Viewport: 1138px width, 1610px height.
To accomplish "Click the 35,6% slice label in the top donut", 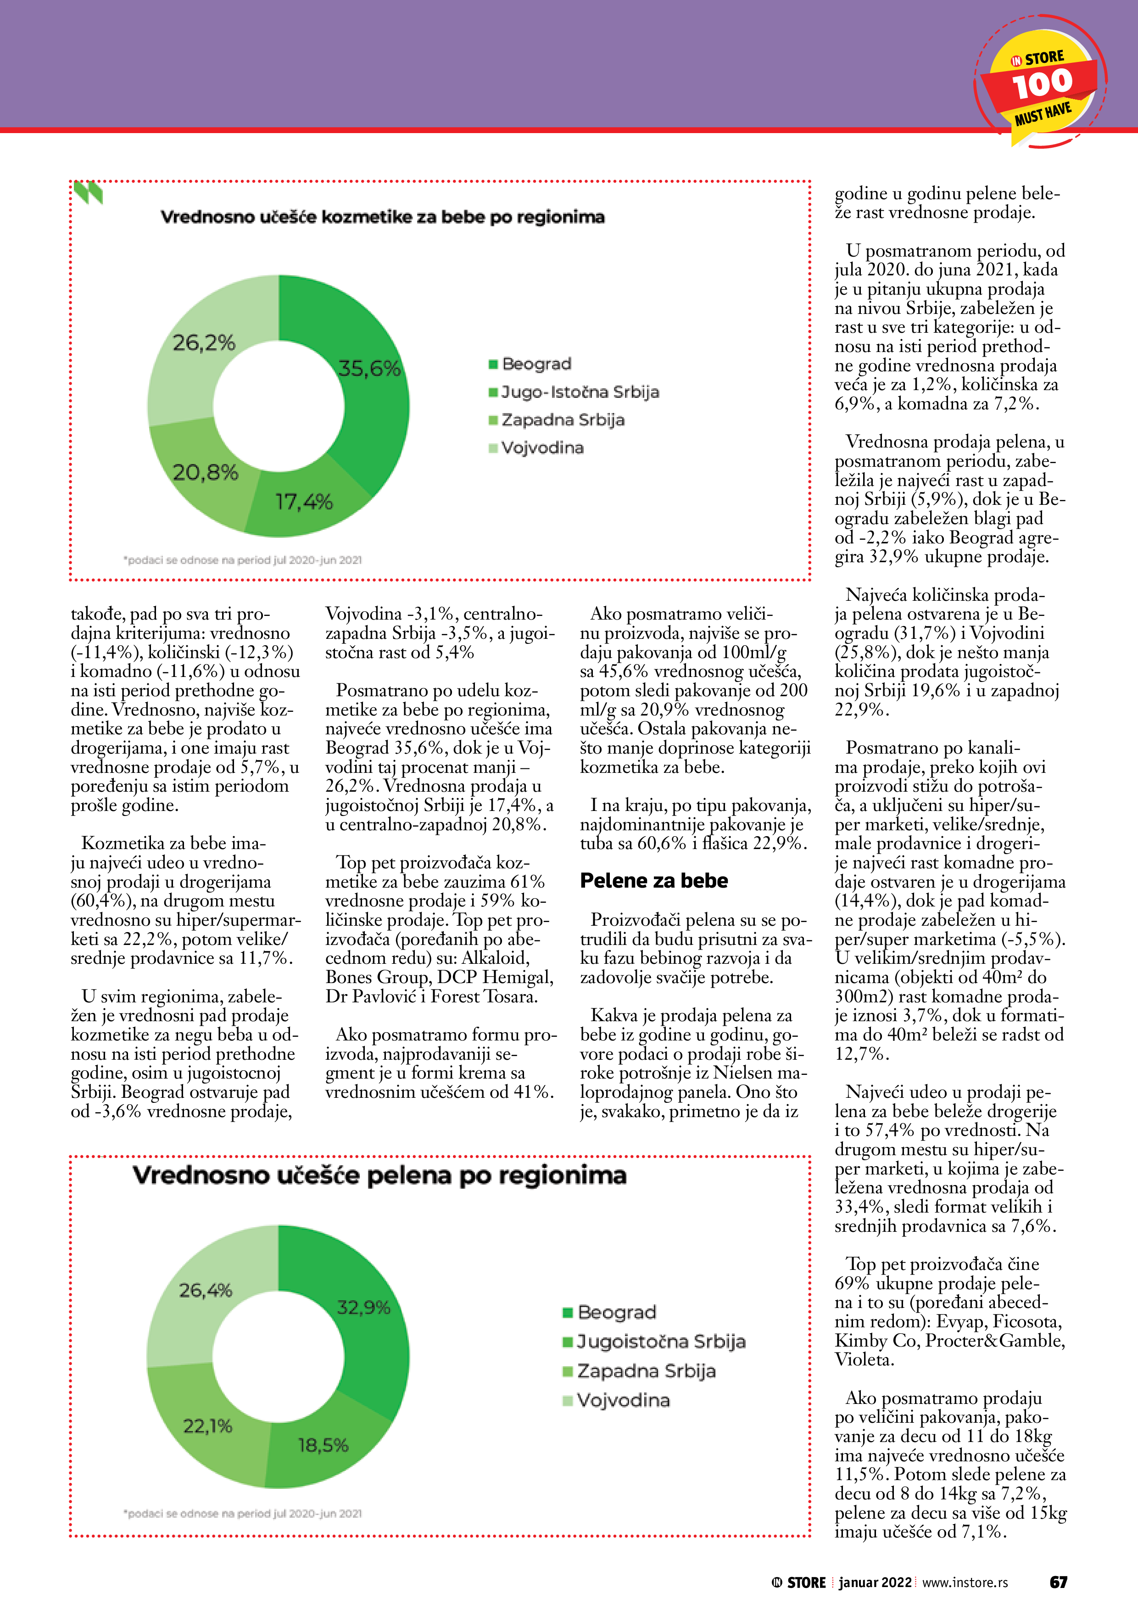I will pyautogui.click(x=369, y=368).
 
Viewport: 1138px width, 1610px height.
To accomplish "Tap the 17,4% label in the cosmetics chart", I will pyautogui.click(x=304, y=501).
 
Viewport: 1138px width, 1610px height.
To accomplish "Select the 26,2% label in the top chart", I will pyautogui.click(x=204, y=342).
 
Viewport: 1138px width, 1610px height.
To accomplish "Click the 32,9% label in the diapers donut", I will pyautogui.click(x=363, y=1307).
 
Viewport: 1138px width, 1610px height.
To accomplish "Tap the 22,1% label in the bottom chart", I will pyautogui.click(x=207, y=1426).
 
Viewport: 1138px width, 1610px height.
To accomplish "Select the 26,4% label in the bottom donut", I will pyautogui.click(x=206, y=1290).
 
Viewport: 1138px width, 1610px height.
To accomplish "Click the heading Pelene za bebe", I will pyautogui.click(x=653, y=881).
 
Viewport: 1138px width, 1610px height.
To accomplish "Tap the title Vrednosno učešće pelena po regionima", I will pyautogui.click(x=379, y=1175).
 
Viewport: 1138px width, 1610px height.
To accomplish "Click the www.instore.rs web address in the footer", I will pyautogui.click(x=965, y=1582).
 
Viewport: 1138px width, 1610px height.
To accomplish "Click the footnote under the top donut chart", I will pyautogui.click(x=243, y=560).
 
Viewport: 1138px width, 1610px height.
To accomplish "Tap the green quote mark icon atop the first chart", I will pyautogui.click(x=89, y=192).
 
